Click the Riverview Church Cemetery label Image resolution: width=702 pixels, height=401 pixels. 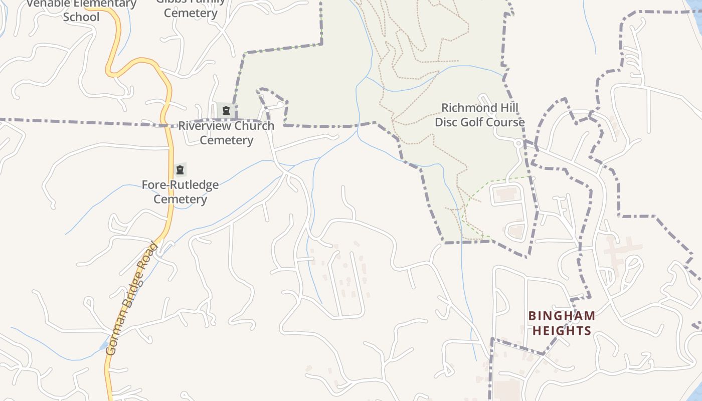tap(226, 133)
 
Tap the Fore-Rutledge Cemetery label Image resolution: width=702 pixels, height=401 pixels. tap(180, 192)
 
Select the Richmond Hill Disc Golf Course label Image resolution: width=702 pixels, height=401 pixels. tap(479, 115)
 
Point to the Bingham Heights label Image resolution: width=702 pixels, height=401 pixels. tap(562, 323)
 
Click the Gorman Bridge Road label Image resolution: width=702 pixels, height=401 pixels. tap(133, 299)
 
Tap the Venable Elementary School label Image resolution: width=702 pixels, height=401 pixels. tap(81, 10)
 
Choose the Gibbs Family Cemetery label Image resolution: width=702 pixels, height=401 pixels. tap(191, 8)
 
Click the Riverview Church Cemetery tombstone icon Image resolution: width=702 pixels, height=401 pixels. tap(226, 111)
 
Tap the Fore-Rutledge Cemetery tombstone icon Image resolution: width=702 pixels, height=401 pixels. tap(180, 170)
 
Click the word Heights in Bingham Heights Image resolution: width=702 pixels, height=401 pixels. tap(562, 331)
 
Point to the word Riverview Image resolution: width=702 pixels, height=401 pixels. tap(202, 126)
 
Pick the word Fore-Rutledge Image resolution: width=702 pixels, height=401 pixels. tap(180, 185)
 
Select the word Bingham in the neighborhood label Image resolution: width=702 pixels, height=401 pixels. tap(562, 316)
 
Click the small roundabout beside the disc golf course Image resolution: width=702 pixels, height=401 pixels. tap(518, 143)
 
